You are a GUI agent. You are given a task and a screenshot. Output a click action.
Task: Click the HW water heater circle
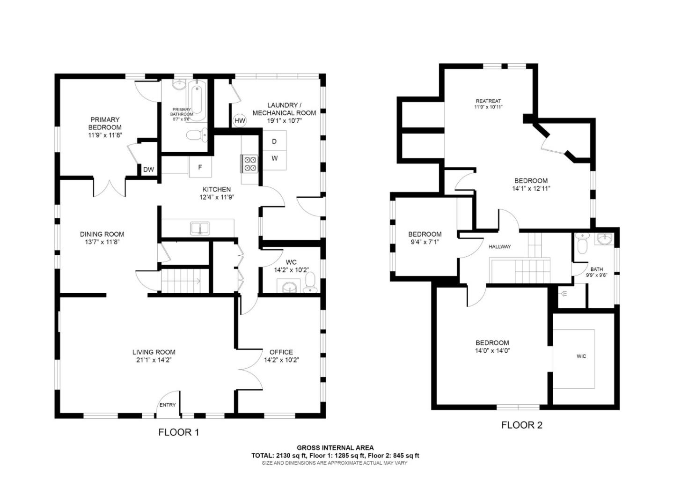[240, 121]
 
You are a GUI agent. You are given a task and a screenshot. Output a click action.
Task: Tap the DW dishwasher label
[148, 170]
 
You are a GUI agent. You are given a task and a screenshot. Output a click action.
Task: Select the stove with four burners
[249, 163]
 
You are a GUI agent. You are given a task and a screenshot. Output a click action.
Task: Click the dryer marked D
[274, 141]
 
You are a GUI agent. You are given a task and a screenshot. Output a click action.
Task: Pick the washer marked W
[274, 158]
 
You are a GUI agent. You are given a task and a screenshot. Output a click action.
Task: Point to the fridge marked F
[200, 167]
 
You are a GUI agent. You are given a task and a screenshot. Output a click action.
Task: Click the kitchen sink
[200, 229]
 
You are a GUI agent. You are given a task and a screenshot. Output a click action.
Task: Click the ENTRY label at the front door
[168, 405]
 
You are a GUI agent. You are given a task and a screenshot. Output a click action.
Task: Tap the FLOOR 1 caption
[178, 432]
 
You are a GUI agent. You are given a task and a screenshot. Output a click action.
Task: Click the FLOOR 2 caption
[521, 425]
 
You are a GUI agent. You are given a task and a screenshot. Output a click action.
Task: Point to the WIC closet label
[581, 356]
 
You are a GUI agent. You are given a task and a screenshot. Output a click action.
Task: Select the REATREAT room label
[488, 101]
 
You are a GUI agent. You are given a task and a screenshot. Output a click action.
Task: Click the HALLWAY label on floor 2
[499, 246]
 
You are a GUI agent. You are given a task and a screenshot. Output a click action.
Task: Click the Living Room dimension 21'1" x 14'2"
[154, 360]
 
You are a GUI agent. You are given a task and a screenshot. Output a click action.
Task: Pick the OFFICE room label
[281, 352]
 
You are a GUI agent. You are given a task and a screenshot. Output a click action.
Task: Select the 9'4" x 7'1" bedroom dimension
[425, 242]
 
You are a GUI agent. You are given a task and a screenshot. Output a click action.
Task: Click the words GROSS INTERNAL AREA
[335, 448]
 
